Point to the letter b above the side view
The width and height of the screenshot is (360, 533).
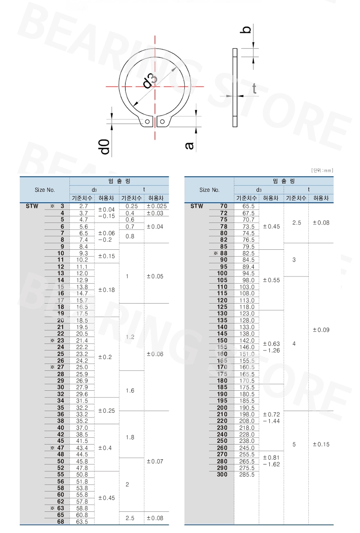pyautogui.click(x=247, y=29)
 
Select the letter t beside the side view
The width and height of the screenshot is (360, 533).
pyautogui.click(x=254, y=88)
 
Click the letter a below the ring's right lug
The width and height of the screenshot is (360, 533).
pyautogui.click(x=189, y=145)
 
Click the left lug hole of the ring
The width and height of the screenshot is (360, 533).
pyautogui.click(x=147, y=122)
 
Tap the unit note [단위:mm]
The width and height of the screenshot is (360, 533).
pyautogui.click(x=322, y=171)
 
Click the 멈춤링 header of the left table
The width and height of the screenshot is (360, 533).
pyautogui.click(x=119, y=181)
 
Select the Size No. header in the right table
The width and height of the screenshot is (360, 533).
pyautogui.click(x=209, y=190)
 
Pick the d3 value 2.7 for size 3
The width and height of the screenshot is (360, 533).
pyautogui.click(x=83, y=206)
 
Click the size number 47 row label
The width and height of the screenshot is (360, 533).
pyautogui.click(x=61, y=447)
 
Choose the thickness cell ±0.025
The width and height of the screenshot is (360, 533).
pyautogui.click(x=156, y=206)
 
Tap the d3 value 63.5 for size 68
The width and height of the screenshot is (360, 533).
pyautogui.click(x=82, y=522)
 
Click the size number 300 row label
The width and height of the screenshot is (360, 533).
pyautogui.click(x=222, y=475)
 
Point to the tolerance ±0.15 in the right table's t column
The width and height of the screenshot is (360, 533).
pyautogui.click(x=321, y=444)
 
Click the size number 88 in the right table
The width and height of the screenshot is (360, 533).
pyautogui.click(x=224, y=253)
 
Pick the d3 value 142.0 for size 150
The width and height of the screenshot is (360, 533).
pyautogui.click(x=247, y=340)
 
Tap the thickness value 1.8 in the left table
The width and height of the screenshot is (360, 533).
pyautogui.click(x=130, y=437)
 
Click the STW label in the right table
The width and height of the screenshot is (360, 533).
pyautogui.click(x=197, y=206)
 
